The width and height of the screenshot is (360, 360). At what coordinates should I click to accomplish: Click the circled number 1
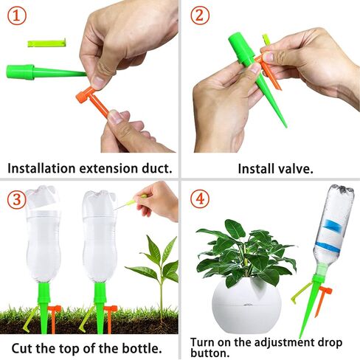click(17, 15)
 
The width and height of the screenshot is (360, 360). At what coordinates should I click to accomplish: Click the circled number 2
click(200, 15)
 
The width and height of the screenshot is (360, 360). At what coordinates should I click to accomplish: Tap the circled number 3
click(17, 199)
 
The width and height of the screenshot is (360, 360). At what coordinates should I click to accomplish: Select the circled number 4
click(200, 198)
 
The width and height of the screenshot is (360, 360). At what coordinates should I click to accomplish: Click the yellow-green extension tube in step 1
click(46, 43)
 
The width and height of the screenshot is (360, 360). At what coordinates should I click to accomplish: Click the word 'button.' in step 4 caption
click(210, 353)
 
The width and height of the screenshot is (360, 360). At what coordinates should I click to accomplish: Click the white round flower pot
click(246, 305)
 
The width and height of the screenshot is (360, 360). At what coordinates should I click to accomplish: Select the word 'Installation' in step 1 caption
click(41, 168)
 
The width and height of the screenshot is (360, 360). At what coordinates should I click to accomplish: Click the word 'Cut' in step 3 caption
click(22, 348)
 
